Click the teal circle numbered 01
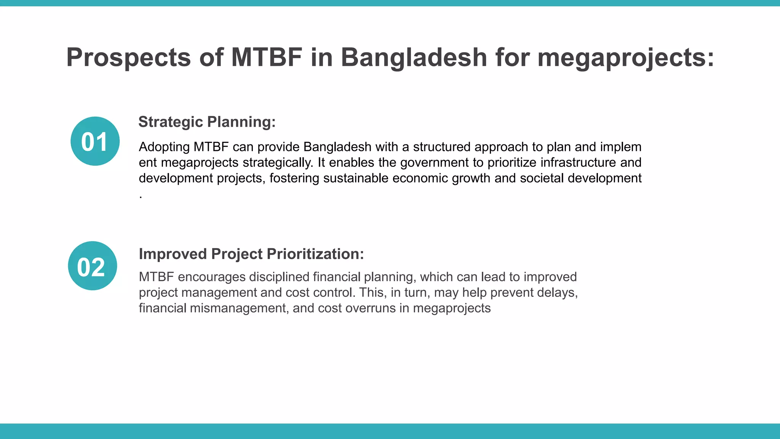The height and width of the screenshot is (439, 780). tap(95, 141)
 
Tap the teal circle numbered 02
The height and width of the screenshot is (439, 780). tap(92, 266)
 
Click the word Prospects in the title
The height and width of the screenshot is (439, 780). tap(128, 58)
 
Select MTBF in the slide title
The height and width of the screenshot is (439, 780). tap(267, 57)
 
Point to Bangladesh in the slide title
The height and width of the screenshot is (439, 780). tap(414, 57)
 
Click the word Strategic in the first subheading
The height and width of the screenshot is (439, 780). tap(171, 122)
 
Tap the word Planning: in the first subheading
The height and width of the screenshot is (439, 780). tap(241, 122)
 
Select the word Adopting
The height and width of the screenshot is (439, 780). tap(164, 147)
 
